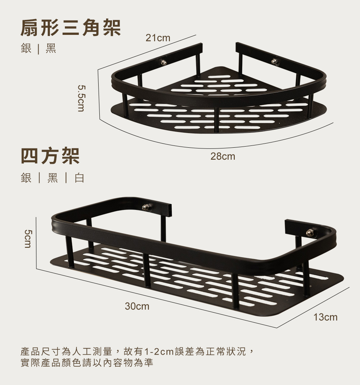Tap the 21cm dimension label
pos(158,38)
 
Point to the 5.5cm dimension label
pos(81,98)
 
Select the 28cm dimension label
pos(223,157)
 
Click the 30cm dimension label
pos(137,307)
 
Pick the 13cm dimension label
pos(325,318)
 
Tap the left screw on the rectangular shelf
pos(146,207)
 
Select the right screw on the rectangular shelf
pos(310,233)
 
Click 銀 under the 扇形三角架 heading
pos(26,49)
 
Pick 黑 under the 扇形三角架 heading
pos(51,49)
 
